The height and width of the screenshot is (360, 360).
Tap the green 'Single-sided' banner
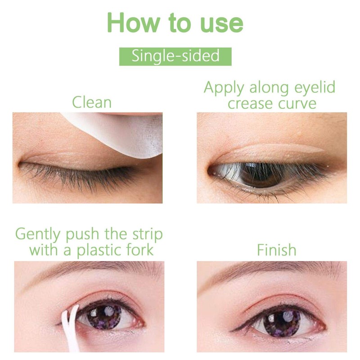click(x=175, y=56)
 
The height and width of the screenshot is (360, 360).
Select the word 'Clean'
click(x=92, y=102)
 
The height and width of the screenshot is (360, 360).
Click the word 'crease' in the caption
click(x=248, y=103)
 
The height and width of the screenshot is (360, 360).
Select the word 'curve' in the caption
click(x=295, y=103)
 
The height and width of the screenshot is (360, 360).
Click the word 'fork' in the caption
click(x=144, y=250)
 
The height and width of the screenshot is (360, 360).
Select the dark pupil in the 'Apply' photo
click(x=261, y=172)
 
